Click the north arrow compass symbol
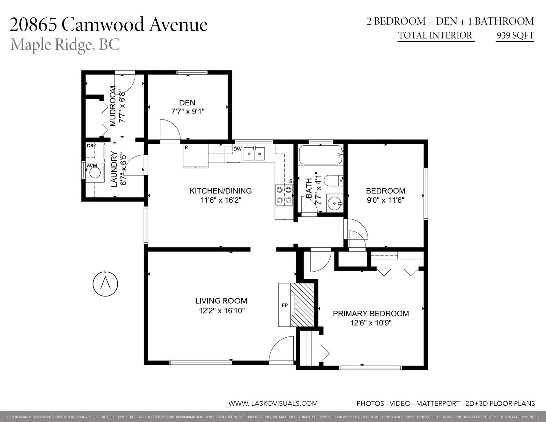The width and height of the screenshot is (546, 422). click(x=105, y=284)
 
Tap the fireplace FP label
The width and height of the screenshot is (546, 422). click(x=285, y=305)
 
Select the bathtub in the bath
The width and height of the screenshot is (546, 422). click(x=321, y=155)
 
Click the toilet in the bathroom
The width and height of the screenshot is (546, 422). click(x=333, y=180)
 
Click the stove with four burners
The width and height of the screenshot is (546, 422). click(x=284, y=195)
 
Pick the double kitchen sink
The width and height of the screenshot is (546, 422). click(x=254, y=154)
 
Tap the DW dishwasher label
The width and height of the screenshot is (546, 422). click(x=237, y=149)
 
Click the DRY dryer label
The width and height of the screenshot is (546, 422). click(x=91, y=146)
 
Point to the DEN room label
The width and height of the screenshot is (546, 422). click(x=187, y=102)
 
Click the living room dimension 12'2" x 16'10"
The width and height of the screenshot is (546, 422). click(x=222, y=311)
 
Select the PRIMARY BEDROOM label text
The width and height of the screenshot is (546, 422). click(x=371, y=314)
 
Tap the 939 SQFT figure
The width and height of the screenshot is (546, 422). click(x=515, y=35)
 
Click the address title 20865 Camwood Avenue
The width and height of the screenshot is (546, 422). click(x=109, y=24)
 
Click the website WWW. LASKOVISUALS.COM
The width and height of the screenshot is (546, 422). click(x=273, y=404)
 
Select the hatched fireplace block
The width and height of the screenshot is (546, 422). click(x=302, y=305)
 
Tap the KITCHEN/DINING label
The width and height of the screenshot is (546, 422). click(x=220, y=191)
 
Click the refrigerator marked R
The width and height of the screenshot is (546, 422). click(x=196, y=156)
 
